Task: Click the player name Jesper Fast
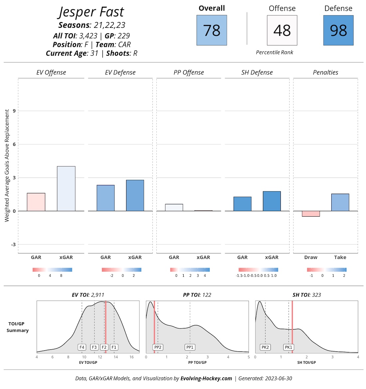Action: pyautogui.click(x=91, y=12)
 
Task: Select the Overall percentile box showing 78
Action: pyautogui.click(x=212, y=30)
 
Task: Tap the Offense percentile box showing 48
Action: pyautogui.click(x=282, y=30)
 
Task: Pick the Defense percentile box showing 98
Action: pyautogui.click(x=338, y=30)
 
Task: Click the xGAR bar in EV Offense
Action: pyautogui.click(x=66, y=189)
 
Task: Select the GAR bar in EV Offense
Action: pyautogui.click(x=36, y=202)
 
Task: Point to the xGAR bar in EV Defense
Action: pyautogui.click(x=135, y=196)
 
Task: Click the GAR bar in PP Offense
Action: pyautogui.click(x=174, y=208)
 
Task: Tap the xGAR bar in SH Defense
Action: pyautogui.click(x=272, y=201)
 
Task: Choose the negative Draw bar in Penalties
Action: pyautogui.click(x=311, y=214)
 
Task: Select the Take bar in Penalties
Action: pyautogui.click(x=340, y=202)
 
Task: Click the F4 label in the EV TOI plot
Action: pyautogui.click(x=82, y=347)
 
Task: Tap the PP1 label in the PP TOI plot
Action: pyautogui.click(x=190, y=347)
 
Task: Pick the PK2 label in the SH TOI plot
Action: pyautogui.click(x=265, y=347)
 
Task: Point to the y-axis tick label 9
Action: pyautogui.click(x=14, y=111)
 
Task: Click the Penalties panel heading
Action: pyautogui.click(x=325, y=73)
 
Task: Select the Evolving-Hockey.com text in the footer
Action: pyautogui.click(x=206, y=378)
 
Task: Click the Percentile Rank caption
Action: pyautogui.click(x=274, y=52)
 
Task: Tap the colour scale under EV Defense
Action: pyautogui.click(x=121, y=270)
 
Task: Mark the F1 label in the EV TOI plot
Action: pyautogui.click(x=114, y=347)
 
